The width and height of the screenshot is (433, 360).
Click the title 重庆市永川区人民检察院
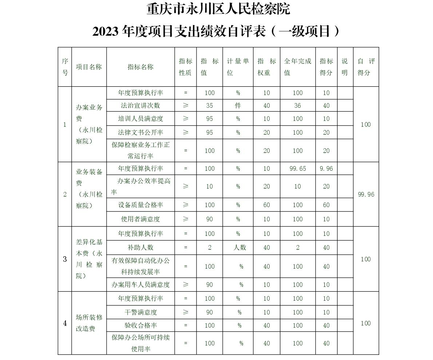pyautogui.click(x=218, y=9)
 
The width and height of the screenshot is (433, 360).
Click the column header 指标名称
pyautogui.click(x=140, y=67)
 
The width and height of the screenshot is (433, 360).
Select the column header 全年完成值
pyautogui.click(x=298, y=67)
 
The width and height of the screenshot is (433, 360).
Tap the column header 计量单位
pyautogui.click(x=238, y=67)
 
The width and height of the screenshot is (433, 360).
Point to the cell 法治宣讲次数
pyautogui.click(x=140, y=106)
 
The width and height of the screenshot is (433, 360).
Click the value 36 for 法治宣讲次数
pyautogui.click(x=298, y=106)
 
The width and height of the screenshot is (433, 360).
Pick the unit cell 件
pyautogui.click(x=238, y=106)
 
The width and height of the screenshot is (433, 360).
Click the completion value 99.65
pyautogui.click(x=298, y=169)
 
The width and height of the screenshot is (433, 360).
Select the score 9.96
pyautogui.click(x=326, y=169)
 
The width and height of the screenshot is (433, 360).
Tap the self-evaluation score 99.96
pyautogui.click(x=366, y=194)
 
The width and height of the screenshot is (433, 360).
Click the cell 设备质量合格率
pyautogui.click(x=140, y=205)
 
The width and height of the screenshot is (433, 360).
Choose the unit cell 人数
pyautogui.click(x=240, y=248)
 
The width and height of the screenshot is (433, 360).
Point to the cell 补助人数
pyautogui.click(x=140, y=248)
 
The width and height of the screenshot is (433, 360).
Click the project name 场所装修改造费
pyautogui.click(x=89, y=323)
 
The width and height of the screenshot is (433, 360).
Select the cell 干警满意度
pyautogui.click(x=140, y=312)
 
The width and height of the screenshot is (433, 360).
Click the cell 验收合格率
pyautogui.click(x=140, y=325)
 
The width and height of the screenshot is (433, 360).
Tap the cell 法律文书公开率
pyautogui.click(x=140, y=132)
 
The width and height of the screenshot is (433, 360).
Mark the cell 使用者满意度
pyautogui.click(x=140, y=219)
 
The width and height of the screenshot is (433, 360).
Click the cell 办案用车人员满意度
pyautogui.click(x=140, y=285)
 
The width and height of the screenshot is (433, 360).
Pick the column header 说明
pyautogui.click(x=345, y=67)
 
